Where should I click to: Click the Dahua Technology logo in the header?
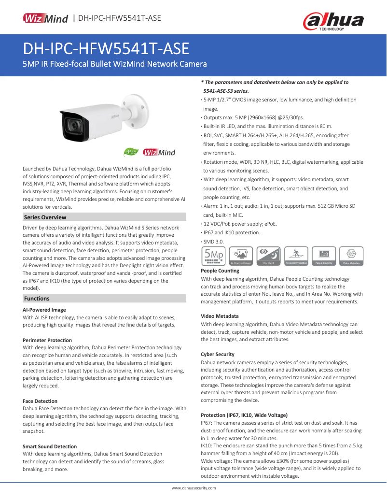(333, 21)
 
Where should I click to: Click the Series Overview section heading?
(45, 217)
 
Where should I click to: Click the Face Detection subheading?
(40, 401)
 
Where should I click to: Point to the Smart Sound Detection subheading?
(50, 446)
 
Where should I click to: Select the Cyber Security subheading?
(218, 354)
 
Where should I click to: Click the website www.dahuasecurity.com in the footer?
(193, 488)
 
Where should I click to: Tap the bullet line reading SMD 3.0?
(213, 241)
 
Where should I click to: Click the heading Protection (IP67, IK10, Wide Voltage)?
(244, 415)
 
